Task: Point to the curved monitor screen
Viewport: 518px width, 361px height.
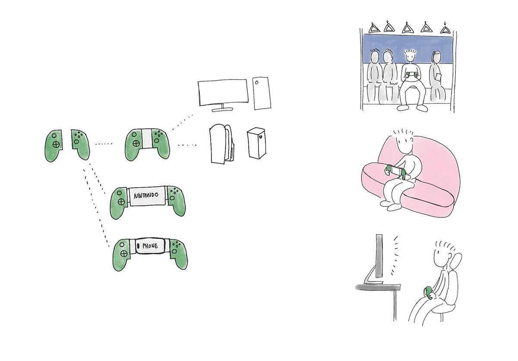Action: coord(223,92)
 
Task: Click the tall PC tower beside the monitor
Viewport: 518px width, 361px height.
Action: coord(262,93)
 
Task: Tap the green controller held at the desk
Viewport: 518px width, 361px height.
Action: coord(429,293)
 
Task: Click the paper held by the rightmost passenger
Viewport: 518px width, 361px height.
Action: coord(438,77)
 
